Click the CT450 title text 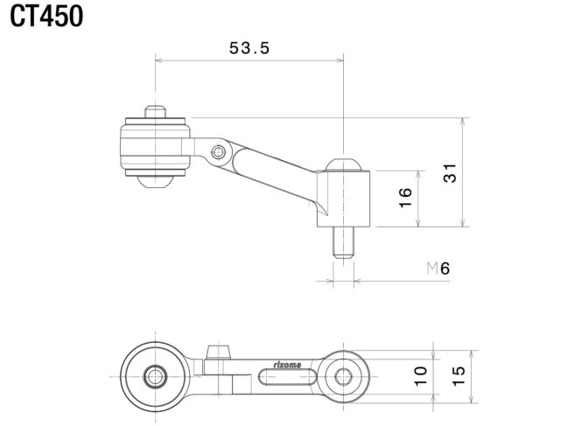click(46, 17)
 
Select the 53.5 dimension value click(249, 48)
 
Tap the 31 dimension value click(450, 172)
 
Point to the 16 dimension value click(405, 197)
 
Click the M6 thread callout click(438, 269)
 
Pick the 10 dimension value click(420, 376)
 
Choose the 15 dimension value click(458, 376)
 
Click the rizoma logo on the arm click(287, 365)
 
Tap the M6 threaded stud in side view click(343, 243)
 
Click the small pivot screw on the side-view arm click(218, 152)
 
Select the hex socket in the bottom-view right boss click(343, 376)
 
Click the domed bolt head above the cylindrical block click(343, 164)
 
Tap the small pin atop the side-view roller click(155, 112)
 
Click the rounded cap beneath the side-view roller click(155, 181)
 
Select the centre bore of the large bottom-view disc click(155, 376)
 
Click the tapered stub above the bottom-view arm click(218, 352)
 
